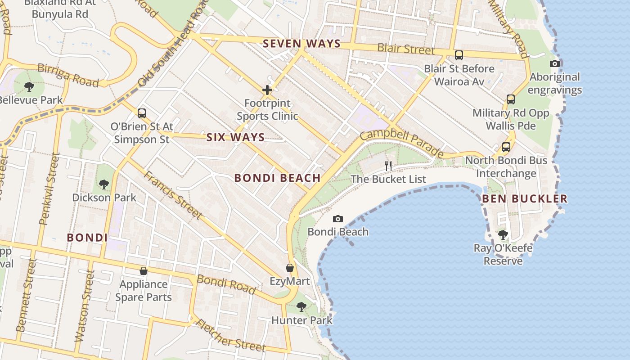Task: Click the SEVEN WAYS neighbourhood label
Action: point(301,44)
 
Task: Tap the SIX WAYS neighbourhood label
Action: point(235,138)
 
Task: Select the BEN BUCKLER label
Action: point(525,199)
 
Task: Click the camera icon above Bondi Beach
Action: point(337,219)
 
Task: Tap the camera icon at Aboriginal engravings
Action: point(555,64)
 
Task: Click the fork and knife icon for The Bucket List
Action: point(388,166)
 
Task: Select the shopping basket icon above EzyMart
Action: point(290,268)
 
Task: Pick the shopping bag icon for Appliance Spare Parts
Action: point(143,271)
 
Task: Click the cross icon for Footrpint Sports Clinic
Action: point(267,90)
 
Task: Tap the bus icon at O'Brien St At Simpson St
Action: point(142,113)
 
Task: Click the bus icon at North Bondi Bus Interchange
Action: point(506,147)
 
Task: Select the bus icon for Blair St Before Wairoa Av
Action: point(459,56)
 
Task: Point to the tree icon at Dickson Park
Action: point(104,184)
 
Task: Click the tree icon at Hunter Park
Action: point(301,307)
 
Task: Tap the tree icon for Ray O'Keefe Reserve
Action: point(503,235)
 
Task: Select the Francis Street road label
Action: point(172,195)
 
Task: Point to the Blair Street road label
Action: point(406,49)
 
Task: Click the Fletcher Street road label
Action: point(230,336)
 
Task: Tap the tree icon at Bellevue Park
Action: point(29,87)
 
